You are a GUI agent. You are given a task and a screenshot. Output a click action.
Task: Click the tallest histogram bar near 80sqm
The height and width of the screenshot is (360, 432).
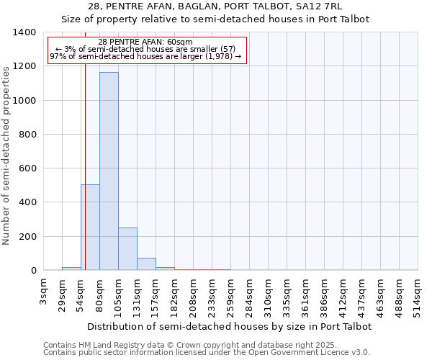coord(109,171)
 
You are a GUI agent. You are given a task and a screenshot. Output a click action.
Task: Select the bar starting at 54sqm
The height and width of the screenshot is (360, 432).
coord(90,228)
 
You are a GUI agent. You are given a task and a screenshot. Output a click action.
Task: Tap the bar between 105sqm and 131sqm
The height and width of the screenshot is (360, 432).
coord(127,249)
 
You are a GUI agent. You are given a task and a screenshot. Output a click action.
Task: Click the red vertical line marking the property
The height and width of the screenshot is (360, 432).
coord(85,158)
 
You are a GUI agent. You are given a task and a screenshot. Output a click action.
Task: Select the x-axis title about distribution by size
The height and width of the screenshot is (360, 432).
coord(230,326)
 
